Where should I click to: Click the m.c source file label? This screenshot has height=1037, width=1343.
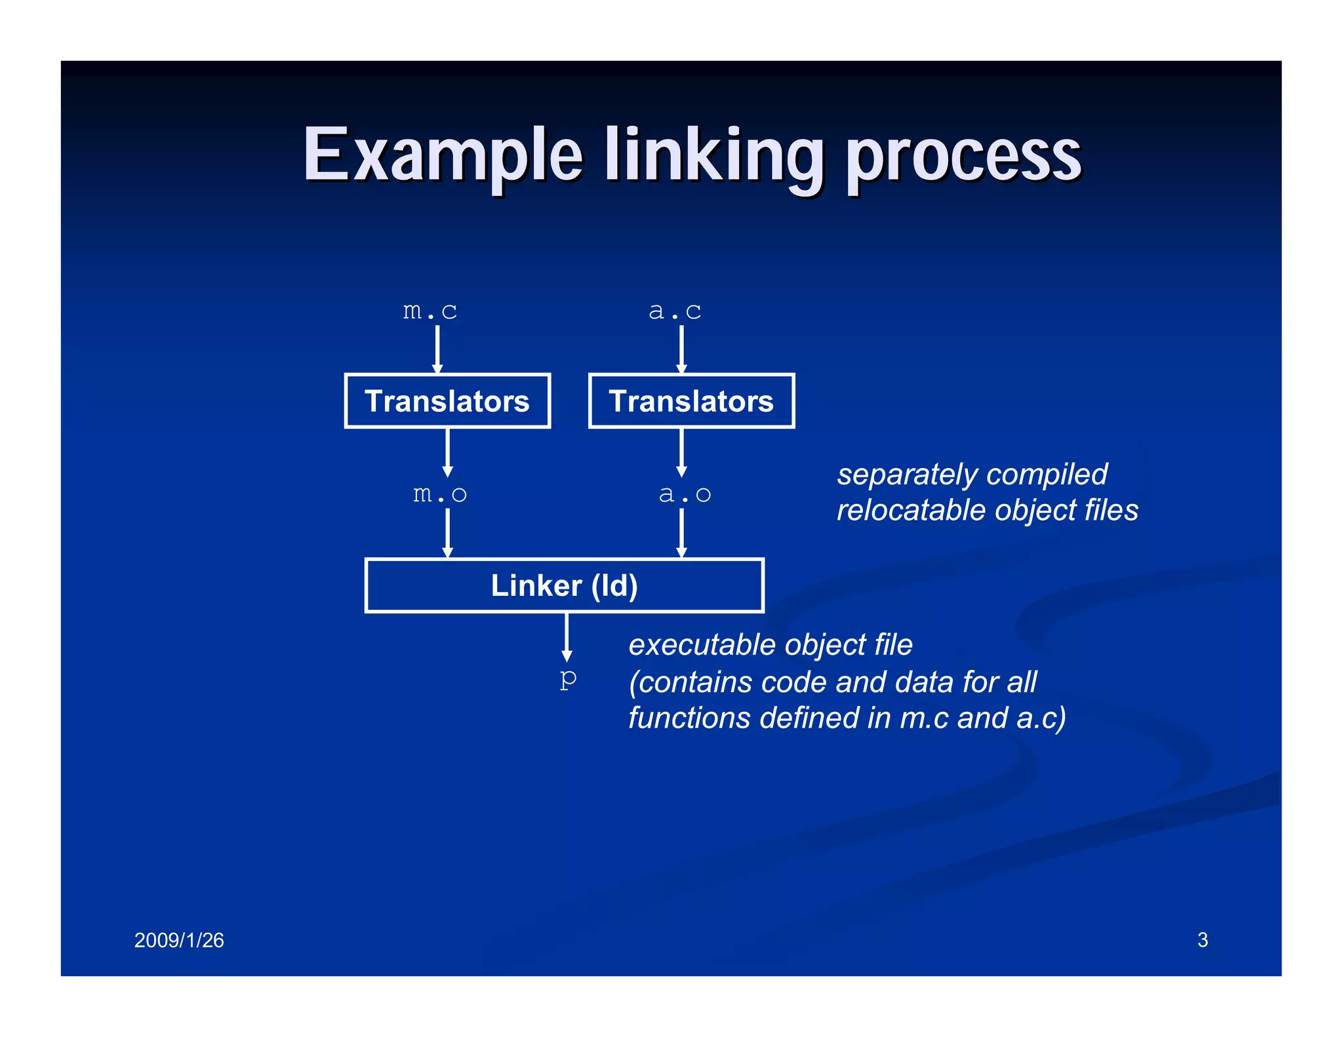tap(430, 311)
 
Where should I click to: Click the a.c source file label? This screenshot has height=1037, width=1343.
tap(675, 311)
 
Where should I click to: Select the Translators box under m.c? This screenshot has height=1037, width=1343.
tap(447, 401)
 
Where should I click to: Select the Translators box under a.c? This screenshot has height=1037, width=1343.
tap(691, 401)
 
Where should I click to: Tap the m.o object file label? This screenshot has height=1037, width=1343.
tap(439, 494)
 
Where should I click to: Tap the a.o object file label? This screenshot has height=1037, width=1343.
tap(684, 494)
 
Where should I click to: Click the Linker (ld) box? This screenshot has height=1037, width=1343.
tap(564, 585)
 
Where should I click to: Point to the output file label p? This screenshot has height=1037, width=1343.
tap(568, 678)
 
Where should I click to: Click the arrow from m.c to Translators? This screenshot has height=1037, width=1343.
tap(437, 349)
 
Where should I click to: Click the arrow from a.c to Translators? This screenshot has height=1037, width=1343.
tap(681, 349)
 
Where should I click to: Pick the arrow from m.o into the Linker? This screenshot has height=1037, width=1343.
tap(447, 533)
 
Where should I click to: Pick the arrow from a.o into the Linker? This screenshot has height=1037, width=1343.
tap(681, 533)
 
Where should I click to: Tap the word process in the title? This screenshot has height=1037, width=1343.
tap(963, 157)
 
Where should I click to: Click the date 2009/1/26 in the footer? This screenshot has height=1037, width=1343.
tap(179, 940)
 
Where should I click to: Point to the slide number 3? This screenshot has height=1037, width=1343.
tap(1202, 940)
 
